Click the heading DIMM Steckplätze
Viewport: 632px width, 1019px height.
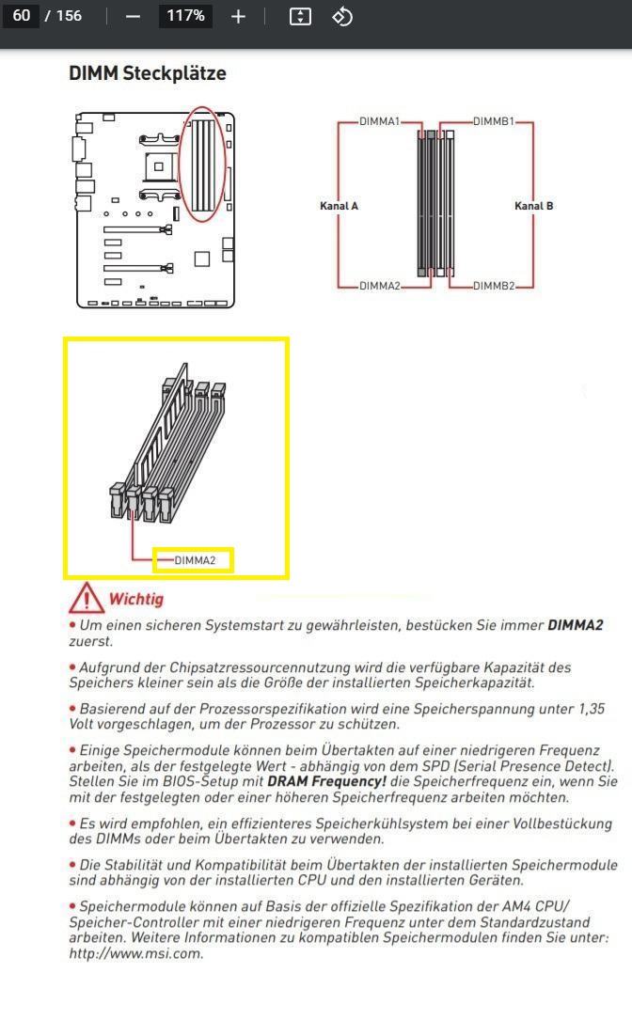coord(148,73)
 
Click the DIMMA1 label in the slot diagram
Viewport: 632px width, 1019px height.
coord(379,121)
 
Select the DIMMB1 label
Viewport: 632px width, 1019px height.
coord(493,121)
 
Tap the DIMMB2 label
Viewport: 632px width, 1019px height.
coord(493,286)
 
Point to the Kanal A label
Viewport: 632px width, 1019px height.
coord(339,206)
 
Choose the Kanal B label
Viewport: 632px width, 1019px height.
coord(533,206)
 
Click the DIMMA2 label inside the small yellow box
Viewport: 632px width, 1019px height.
coord(195,561)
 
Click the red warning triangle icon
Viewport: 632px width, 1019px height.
coord(86,598)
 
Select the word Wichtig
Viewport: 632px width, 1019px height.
coord(135,599)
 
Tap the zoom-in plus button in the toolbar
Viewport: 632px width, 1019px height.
coord(238,16)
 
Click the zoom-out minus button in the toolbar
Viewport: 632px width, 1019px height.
coord(133,16)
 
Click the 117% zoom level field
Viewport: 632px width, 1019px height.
coord(185,16)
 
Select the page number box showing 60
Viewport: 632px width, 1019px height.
coord(22,16)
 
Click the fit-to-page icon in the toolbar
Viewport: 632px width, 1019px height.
coord(300,16)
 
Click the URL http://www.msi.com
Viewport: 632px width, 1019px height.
coord(134,953)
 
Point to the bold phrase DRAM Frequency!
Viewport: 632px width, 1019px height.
coord(326,781)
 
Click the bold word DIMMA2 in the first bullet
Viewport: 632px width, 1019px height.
coord(575,625)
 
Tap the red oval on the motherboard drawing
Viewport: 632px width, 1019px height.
coord(203,165)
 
